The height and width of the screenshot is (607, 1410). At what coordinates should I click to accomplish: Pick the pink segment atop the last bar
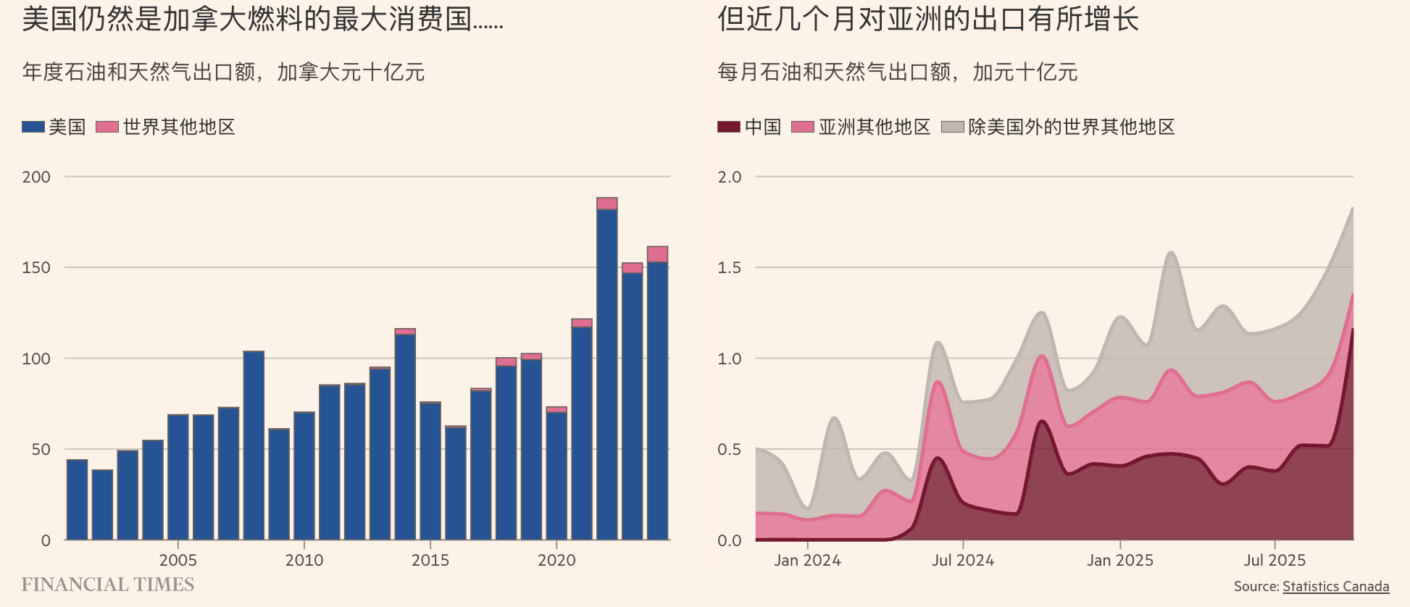[657, 254]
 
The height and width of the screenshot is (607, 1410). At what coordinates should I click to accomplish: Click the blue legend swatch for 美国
[33, 127]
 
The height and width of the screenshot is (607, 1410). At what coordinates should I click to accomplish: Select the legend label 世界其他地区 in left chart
[179, 127]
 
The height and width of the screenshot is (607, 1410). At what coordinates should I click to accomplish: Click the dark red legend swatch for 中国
[729, 127]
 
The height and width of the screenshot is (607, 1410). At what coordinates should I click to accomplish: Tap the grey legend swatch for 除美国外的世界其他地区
[952, 127]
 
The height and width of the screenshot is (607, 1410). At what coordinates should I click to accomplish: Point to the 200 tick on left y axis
[36, 177]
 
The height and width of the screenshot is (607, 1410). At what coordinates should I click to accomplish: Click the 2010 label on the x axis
[304, 560]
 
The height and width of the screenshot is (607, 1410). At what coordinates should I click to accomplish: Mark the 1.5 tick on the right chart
[730, 267]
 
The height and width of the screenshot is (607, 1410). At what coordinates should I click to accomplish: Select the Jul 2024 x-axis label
[963, 560]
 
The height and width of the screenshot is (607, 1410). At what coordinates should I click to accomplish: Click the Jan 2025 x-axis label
[1120, 560]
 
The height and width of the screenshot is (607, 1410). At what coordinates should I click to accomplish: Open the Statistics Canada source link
[1335, 586]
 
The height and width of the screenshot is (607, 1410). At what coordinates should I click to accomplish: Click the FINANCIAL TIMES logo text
[108, 585]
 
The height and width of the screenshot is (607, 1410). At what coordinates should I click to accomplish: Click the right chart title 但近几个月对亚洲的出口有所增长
[928, 20]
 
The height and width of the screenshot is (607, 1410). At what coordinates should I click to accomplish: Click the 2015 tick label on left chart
[430, 560]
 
